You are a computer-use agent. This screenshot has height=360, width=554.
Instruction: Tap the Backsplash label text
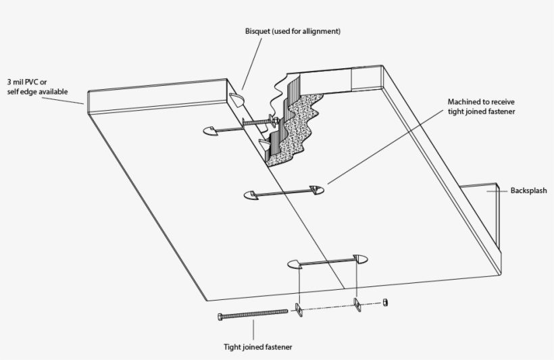529,191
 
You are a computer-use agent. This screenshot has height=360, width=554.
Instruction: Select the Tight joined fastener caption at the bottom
259,348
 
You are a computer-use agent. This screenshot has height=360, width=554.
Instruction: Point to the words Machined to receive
482,102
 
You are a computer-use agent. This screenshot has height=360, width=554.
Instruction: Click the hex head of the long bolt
221,316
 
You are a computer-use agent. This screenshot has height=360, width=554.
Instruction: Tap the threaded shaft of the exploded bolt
257,315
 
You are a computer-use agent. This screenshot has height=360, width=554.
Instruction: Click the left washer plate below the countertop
298,309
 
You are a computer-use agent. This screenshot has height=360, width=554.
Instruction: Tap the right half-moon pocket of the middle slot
316,189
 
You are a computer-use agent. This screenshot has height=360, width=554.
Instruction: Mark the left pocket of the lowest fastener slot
293,263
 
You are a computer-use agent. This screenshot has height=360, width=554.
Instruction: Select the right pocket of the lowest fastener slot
359,257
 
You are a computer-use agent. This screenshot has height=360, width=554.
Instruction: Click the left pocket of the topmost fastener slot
209,130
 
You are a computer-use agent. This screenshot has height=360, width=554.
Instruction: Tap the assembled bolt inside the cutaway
257,123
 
